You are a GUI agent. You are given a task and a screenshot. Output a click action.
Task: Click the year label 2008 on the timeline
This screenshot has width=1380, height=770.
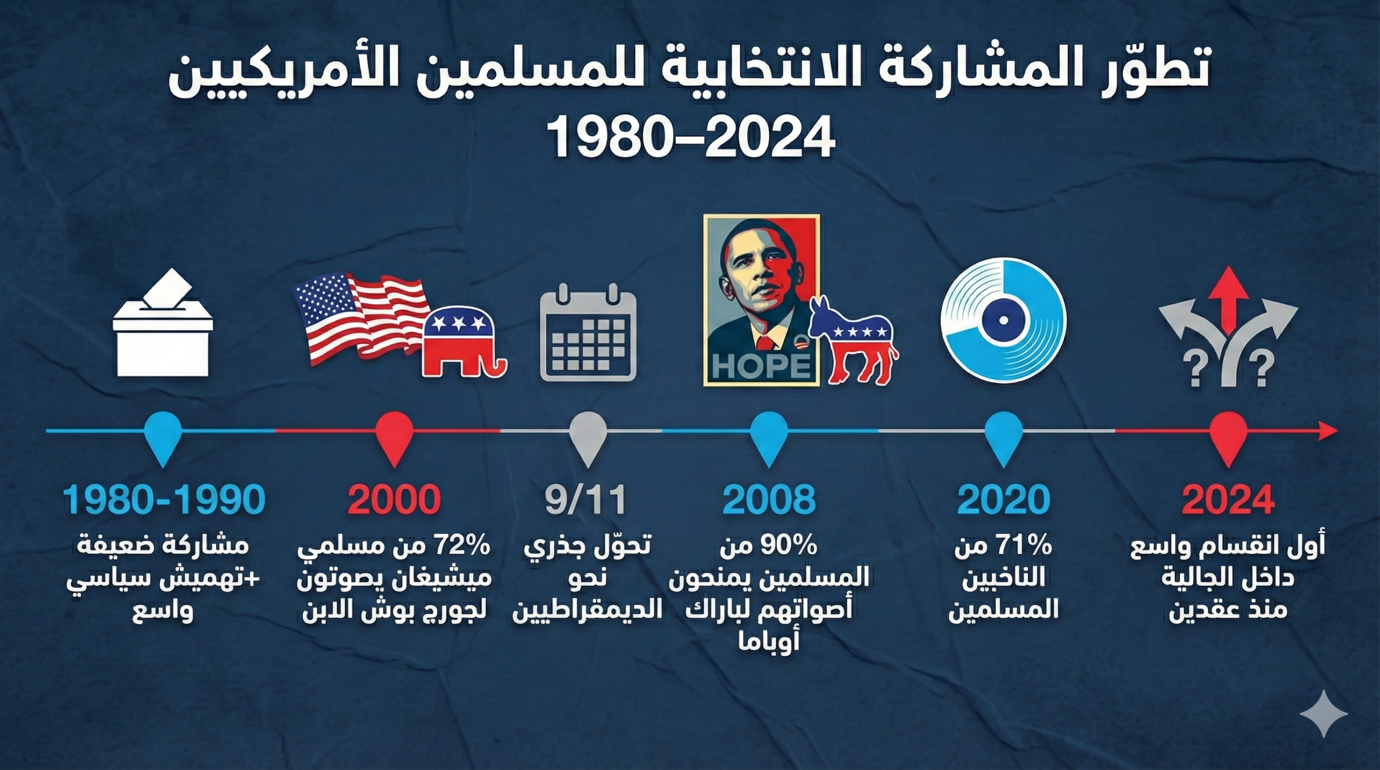[769, 500]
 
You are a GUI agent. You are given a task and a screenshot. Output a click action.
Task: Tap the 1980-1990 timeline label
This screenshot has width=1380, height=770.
[164, 500]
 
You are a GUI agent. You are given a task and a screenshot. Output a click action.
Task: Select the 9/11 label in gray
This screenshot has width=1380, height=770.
[585, 500]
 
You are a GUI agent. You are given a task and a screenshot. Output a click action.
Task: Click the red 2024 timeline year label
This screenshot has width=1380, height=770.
[1228, 500]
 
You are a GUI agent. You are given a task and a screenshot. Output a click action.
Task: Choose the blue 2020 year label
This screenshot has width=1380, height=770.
[1003, 500]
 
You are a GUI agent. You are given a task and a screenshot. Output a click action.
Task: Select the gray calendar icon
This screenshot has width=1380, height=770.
[588, 335]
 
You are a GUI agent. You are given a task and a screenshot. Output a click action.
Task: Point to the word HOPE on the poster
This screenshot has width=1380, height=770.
[761, 366]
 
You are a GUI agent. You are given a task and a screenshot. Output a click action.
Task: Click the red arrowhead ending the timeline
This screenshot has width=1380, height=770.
[1328, 431]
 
